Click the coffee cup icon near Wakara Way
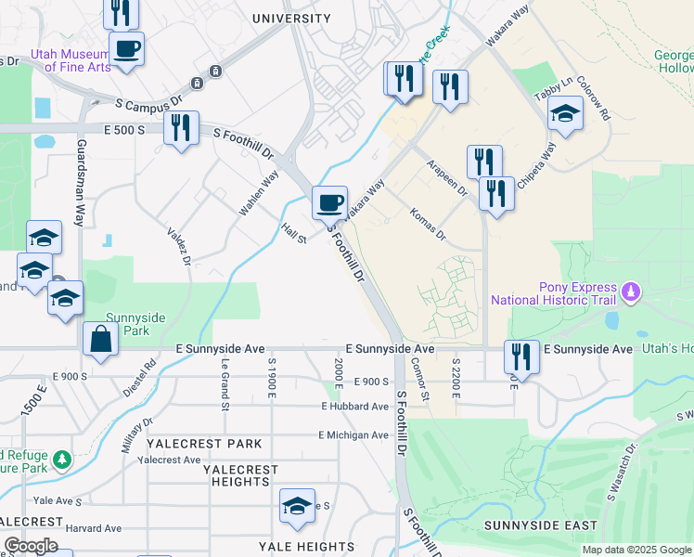[328, 202]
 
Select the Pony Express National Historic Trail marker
[632, 293]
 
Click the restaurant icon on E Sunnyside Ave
[521, 357]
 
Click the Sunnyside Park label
[135, 324]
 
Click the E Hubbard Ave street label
[355, 407]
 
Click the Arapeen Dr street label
[447, 176]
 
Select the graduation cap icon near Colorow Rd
[564, 116]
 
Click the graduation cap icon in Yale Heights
[298, 506]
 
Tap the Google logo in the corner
[31, 546]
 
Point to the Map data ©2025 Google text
[636, 550]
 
